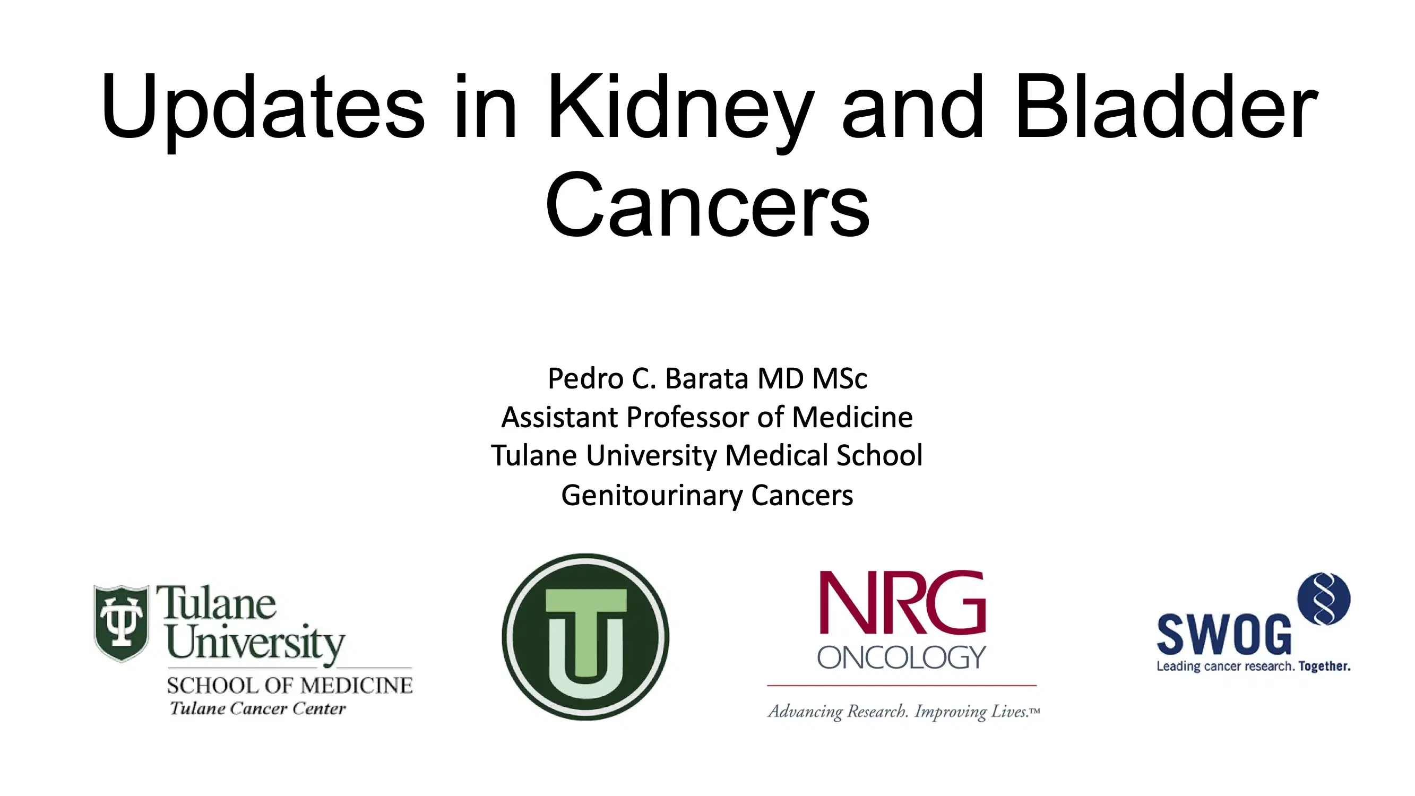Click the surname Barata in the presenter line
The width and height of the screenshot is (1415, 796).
(x=706, y=378)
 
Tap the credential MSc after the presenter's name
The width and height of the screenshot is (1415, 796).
(x=839, y=378)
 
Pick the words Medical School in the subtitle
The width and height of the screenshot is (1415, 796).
(x=824, y=455)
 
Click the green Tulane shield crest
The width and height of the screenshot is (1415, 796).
(x=122, y=623)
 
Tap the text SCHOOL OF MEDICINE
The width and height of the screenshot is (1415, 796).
(x=289, y=686)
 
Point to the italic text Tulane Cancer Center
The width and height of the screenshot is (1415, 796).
(x=257, y=708)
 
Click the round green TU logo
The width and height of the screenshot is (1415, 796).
(x=585, y=637)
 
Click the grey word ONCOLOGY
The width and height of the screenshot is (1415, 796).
(x=901, y=657)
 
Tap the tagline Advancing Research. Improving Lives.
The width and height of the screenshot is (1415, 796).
(x=903, y=712)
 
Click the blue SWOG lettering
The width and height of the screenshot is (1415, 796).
(x=1224, y=635)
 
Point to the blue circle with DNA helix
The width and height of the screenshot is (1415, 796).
(x=1323, y=599)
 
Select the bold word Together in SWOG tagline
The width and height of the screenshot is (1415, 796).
(x=1324, y=667)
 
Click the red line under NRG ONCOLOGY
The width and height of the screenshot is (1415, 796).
(x=901, y=686)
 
